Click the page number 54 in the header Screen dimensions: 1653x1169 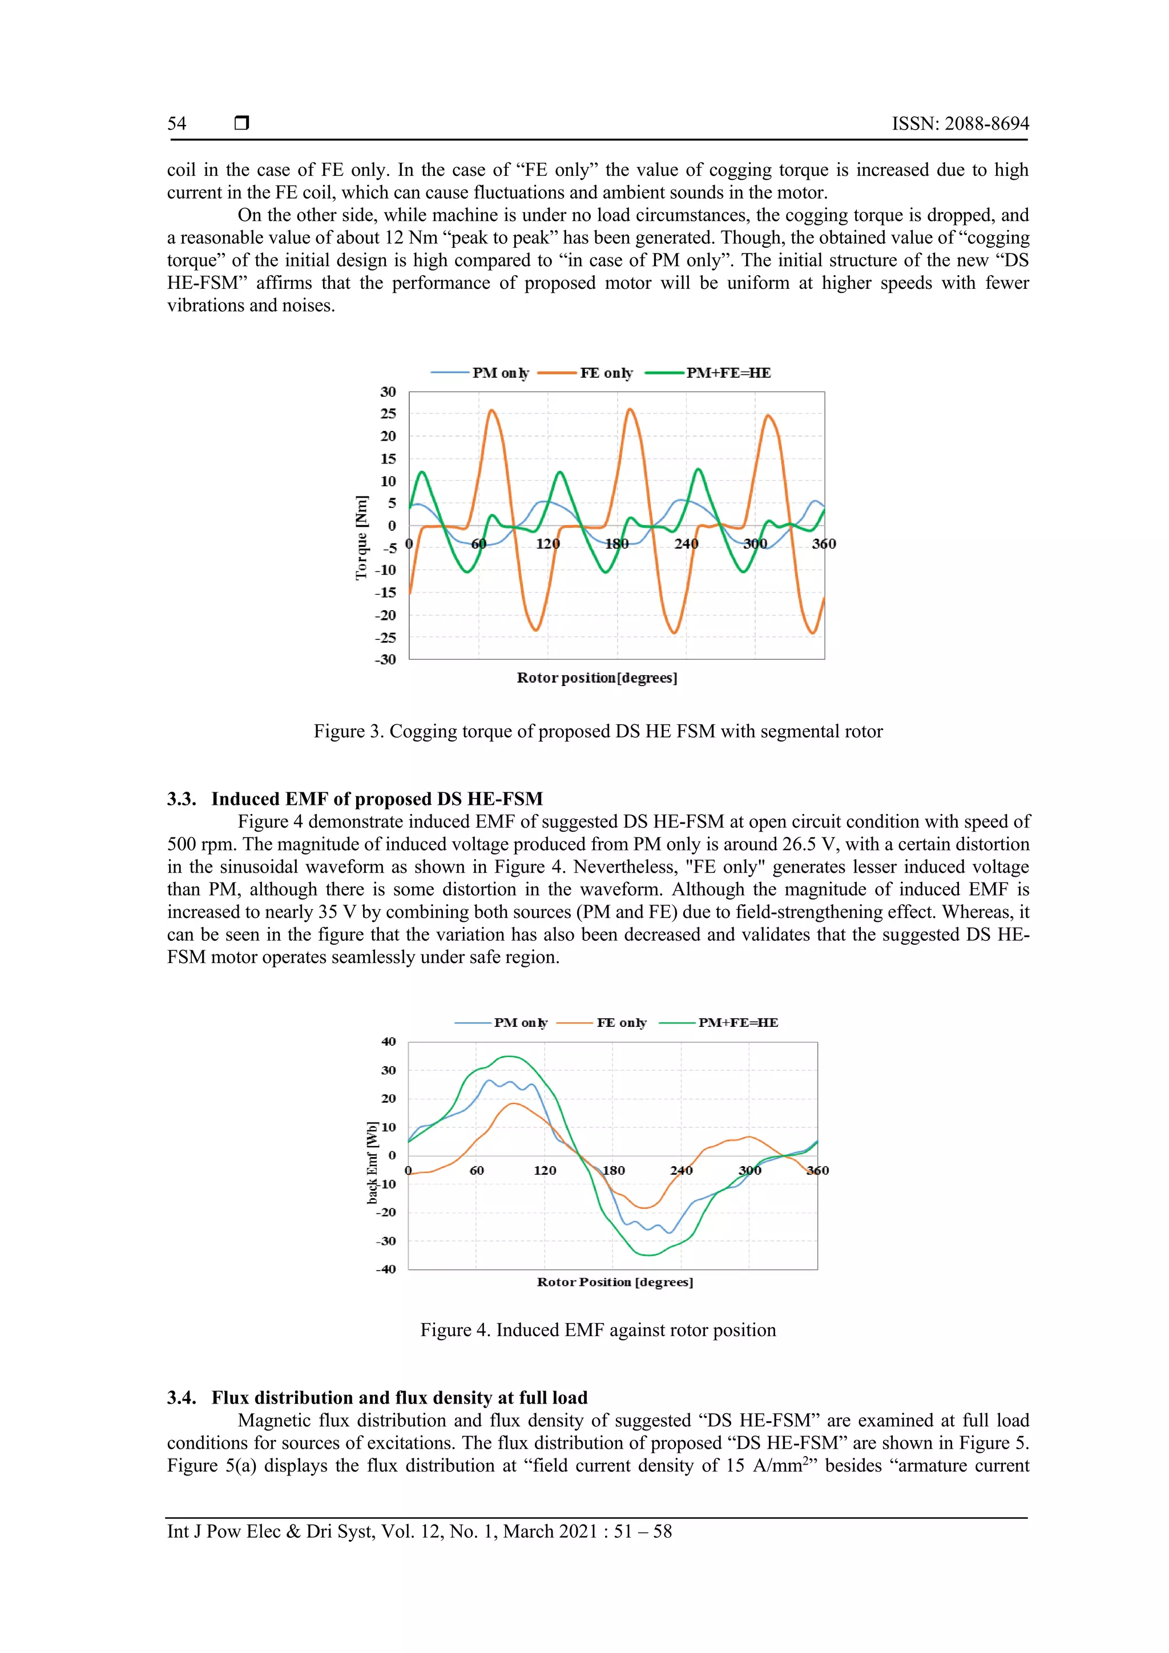click(x=177, y=124)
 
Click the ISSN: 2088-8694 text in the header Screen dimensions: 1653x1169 click(x=960, y=124)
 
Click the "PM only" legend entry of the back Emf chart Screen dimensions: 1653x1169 click(x=520, y=1022)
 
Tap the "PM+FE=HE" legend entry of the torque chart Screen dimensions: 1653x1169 click(x=728, y=373)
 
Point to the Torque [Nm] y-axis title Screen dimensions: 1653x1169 click(x=361, y=537)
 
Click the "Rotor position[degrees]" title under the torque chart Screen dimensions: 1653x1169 click(x=596, y=678)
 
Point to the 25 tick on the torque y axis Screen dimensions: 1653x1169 click(x=388, y=413)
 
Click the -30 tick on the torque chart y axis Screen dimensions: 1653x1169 click(x=386, y=659)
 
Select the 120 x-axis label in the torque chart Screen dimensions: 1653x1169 click(x=548, y=543)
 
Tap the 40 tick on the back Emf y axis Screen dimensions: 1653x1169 click(x=389, y=1042)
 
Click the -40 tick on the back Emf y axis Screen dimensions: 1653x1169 click(x=386, y=1269)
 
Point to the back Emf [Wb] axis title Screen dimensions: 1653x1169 click(x=372, y=1162)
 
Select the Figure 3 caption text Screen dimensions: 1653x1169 click(x=598, y=732)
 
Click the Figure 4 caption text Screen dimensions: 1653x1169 click(x=598, y=1330)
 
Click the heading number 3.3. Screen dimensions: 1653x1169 click(x=182, y=799)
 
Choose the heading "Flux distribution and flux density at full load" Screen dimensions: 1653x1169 click(x=400, y=1397)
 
